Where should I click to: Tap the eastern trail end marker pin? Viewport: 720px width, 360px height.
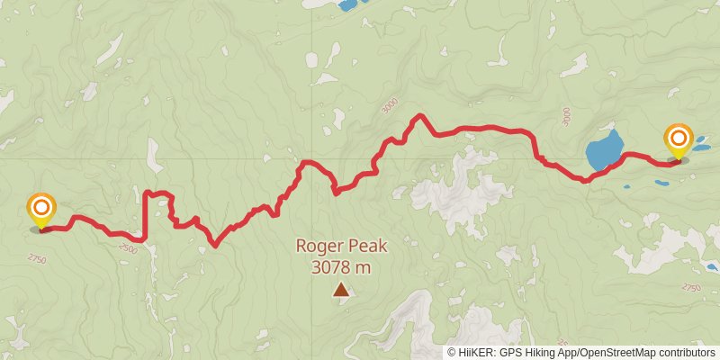point(678,141)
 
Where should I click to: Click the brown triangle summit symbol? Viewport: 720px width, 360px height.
point(341,290)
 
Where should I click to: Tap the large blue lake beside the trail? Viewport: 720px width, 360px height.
point(604,150)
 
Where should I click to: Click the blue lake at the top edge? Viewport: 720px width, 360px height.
point(346,4)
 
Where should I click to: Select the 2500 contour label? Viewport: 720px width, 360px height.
point(127,248)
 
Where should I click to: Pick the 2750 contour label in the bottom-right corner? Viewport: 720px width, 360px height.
point(690,287)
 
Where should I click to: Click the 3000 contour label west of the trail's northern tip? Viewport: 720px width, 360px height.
point(390,107)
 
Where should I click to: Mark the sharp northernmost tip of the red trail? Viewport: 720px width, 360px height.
point(418,116)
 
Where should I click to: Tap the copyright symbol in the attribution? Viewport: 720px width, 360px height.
point(452,353)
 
